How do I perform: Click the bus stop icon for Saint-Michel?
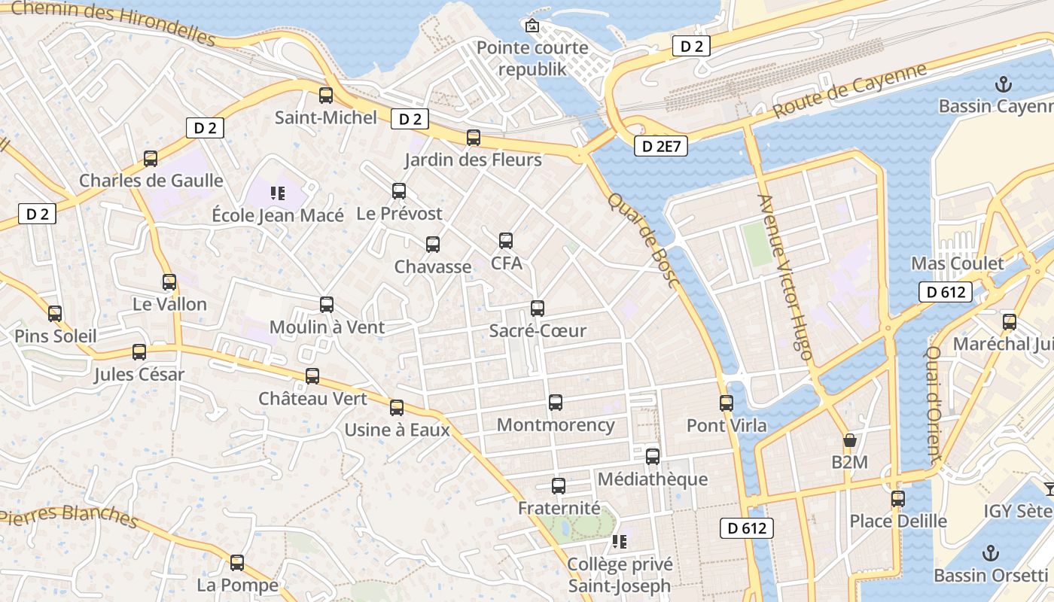point(326,96)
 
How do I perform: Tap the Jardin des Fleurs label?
point(473,160)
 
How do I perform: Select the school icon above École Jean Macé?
point(278,193)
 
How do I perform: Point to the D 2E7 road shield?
point(661,146)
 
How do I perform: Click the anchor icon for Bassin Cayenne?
point(1003,84)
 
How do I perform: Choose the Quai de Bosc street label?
point(644,239)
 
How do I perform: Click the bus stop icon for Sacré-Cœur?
point(538,308)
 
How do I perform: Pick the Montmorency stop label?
point(556,424)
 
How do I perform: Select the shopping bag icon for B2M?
point(850,440)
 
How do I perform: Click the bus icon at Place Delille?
point(897,498)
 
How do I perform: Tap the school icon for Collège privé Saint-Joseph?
point(620,542)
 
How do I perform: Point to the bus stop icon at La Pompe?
point(237,562)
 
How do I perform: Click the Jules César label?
point(139,374)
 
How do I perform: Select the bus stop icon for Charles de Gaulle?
point(151,159)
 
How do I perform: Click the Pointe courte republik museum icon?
point(532,26)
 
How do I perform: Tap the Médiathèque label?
point(652,479)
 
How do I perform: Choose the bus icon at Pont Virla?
point(727,403)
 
